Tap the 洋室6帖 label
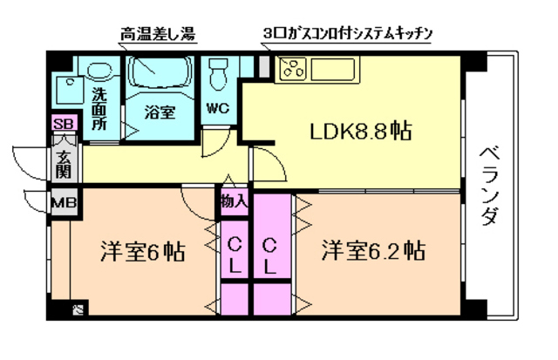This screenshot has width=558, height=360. click(140, 253)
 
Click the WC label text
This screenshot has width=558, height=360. click(217, 109)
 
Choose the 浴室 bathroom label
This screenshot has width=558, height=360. click(160, 112)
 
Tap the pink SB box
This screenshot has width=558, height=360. click(63, 124)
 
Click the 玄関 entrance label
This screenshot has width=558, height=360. click(65, 164)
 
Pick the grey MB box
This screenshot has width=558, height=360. click(62, 204)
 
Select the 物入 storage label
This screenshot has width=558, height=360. click(234, 201)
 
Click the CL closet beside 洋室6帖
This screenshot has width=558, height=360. click(234, 254)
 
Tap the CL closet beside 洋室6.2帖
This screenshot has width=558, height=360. click(271, 254)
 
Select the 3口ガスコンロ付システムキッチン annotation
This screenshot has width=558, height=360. click(347, 35)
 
